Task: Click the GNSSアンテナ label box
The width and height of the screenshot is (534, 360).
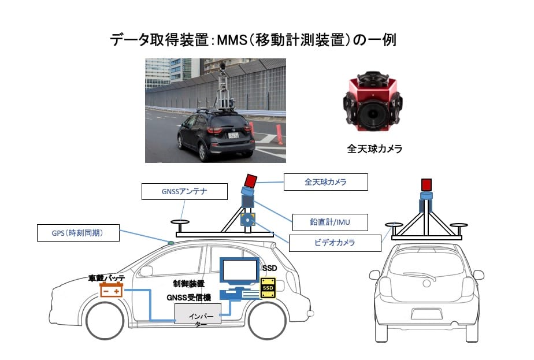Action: click(184, 191)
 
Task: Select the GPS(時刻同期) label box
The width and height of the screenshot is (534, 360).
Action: click(78, 233)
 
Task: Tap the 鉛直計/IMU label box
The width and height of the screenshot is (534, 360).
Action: click(329, 222)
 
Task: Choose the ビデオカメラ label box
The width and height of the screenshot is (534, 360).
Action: click(335, 243)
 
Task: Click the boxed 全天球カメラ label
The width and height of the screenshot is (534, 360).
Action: click(325, 182)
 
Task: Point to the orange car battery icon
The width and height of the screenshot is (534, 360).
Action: click(111, 290)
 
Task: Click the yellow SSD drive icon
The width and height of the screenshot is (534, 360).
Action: click(268, 288)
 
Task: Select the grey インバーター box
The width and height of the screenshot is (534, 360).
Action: click(198, 314)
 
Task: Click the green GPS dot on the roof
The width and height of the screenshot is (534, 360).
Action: click(170, 243)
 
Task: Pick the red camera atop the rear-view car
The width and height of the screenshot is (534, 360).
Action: click(427, 185)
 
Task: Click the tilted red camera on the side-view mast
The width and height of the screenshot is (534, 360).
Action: click(251, 180)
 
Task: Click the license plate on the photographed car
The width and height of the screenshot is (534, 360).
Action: click(233, 136)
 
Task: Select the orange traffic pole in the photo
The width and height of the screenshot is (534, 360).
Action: click(279, 135)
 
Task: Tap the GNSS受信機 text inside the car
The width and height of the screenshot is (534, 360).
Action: click(188, 298)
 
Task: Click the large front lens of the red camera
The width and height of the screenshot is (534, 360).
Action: click(373, 114)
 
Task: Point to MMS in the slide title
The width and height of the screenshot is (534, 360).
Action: click(232, 40)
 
